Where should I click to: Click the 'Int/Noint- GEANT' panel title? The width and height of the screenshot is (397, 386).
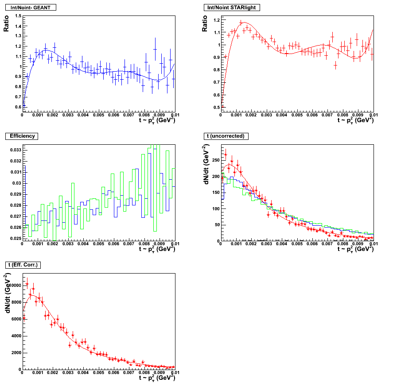(30, 8)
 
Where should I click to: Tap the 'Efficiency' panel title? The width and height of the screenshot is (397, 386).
(22, 136)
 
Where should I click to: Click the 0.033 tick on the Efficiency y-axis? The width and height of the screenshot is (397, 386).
(15, 150)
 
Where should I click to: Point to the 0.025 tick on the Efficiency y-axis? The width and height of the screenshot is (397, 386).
(15, 238)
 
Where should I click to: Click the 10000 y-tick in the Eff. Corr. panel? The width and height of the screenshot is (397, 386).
(14, 286)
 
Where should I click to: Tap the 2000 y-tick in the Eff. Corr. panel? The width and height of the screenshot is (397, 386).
(15, 353)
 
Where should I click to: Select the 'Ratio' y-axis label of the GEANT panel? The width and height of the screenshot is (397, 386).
(6, 23)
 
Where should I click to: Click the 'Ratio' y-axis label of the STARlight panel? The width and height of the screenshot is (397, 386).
(205, 23)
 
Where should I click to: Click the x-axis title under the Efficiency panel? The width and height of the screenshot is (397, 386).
(157, 249)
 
